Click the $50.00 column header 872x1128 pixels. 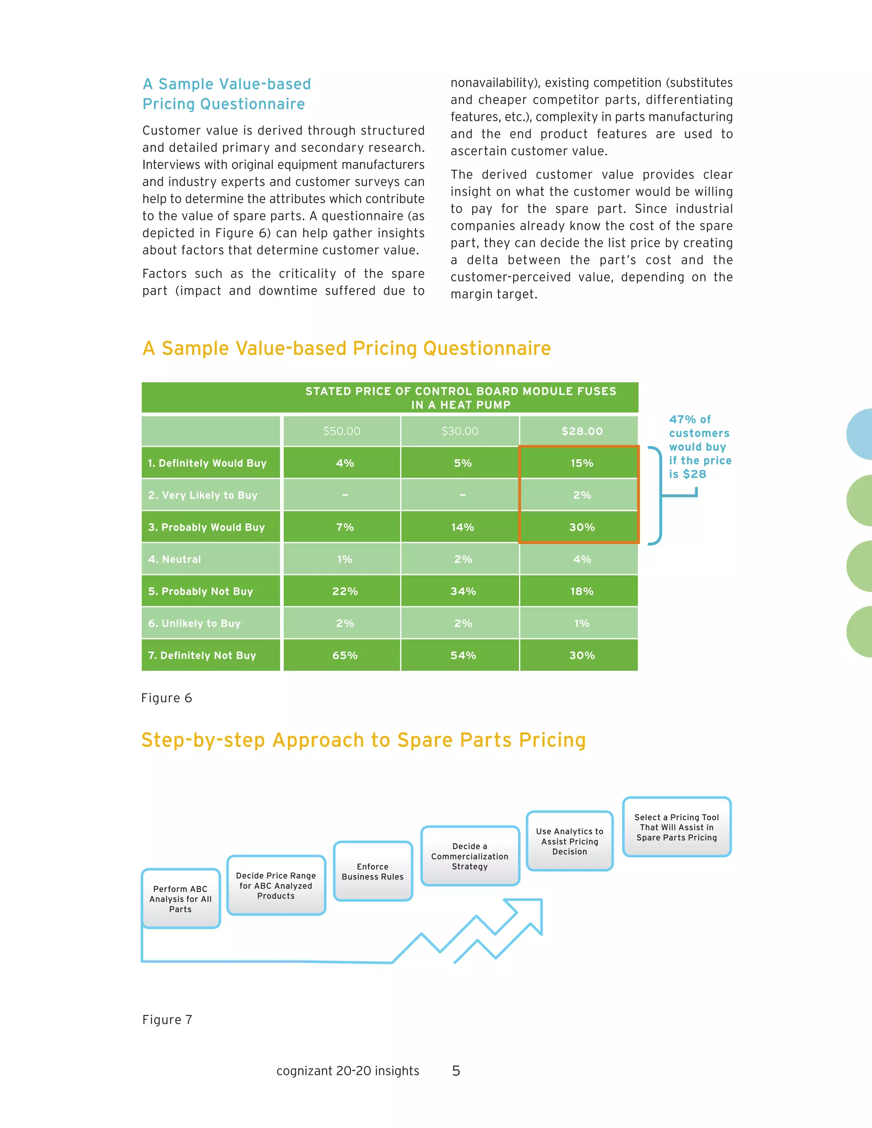tap(341, 431)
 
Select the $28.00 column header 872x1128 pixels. tap(582, 431)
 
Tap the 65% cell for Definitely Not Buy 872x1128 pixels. tap(344, 655)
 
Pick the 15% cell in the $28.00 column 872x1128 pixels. tap(582, 463)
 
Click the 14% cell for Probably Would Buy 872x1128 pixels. tap(462, 527)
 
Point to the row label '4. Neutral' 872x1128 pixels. tap(175, 559)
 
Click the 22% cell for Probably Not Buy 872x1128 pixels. tap(344, 591)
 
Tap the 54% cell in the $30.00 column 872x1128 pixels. tap(463, 655)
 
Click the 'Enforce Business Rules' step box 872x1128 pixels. tap(373, 871)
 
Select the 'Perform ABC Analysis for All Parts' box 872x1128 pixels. tap(180, 899)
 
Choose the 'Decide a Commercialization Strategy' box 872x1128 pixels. tap(470, 856)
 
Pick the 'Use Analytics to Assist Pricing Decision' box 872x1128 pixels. tap(569, 841)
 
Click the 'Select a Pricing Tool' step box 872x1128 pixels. tap(676, 827)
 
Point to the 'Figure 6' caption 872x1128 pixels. tap(166, 698)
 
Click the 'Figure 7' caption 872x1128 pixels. tap(167, 1019)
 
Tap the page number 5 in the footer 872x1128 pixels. tap(456, 1070)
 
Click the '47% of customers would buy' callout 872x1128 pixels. tap(700, 447)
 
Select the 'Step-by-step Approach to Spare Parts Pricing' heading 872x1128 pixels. tap(364, 740)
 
